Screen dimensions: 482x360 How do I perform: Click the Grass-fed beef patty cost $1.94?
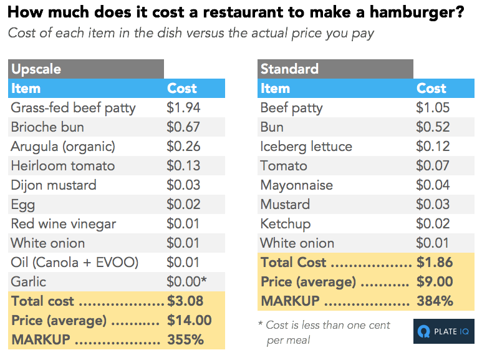(x=183, y=108)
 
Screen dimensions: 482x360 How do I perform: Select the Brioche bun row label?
(x=47, y=127)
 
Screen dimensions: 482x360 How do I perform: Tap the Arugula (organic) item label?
(x=63, y=147)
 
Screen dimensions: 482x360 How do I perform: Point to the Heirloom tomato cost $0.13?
(x=183, y=166)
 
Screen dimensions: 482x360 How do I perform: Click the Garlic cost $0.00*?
(x=186, y=281)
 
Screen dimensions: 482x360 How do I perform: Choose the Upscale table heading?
(x=36, y=69)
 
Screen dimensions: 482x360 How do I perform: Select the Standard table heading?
(x=289, y=69)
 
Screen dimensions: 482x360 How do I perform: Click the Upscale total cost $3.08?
(x=185, y=301)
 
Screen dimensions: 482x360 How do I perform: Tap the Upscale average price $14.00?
(x=190, y=320)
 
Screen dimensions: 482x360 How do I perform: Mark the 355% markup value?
(x=185, y=339)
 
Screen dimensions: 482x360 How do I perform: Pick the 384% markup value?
(x=435, y=301)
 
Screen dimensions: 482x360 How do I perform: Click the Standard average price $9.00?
(x=435, y=281)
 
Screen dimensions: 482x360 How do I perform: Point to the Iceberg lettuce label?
(x=306, y=147)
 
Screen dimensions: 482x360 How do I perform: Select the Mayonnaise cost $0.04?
(x=433, y=185)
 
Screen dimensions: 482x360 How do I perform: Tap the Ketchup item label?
(x=286, y=224)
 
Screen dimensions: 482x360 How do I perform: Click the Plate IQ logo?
(x=443, y=331)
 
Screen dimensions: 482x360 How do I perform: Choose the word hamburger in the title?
(x=417, y=13)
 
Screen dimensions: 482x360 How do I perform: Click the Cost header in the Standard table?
(x=431, y=89)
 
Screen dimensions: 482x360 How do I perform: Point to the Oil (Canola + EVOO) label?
(x=75, y=263)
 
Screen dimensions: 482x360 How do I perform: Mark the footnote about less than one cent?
(x=324, y=333)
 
